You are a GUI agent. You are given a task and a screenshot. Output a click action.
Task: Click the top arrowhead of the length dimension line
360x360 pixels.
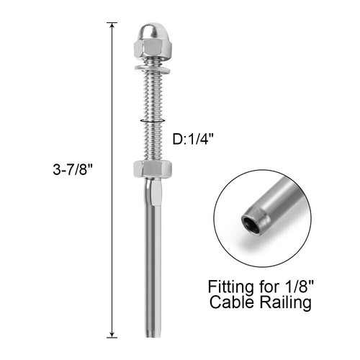(x=112, y=27)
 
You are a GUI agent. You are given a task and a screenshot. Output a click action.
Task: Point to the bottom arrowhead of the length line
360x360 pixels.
(x=112, y=333)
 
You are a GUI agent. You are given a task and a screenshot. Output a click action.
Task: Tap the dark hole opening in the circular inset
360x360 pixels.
(x=251, y=219)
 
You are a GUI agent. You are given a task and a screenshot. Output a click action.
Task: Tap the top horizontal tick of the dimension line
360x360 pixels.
(x=112, y=22)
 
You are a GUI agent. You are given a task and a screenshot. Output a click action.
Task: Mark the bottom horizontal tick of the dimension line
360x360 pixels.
(x=112, y=337)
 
